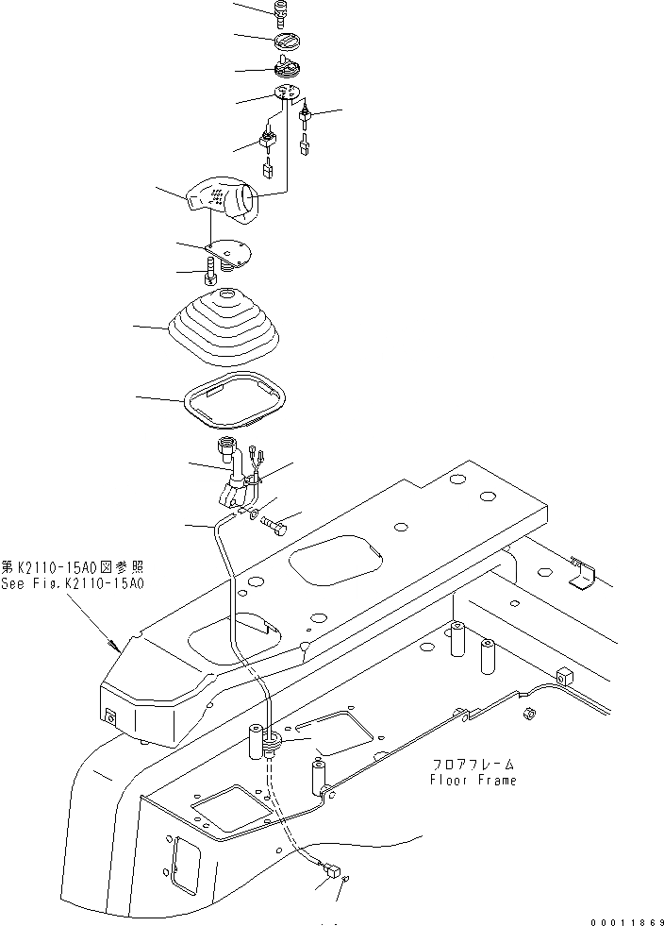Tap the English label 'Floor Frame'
coord(473,781)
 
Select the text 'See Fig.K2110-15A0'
coord(73,584)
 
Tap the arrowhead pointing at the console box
coord(116,647)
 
